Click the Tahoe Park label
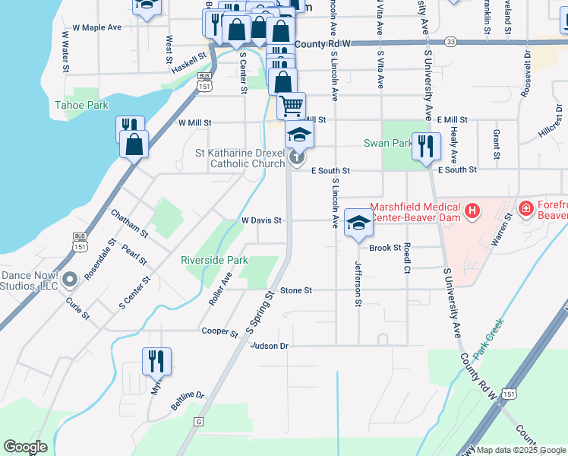pos(81,105)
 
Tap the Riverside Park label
pos(214,260)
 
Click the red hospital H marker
pos(472,210)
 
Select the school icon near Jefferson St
pos(358,222)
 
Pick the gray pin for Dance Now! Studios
pos(71,280)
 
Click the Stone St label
pos(296,290)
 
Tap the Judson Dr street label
pos(270,346)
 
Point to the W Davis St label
pos(261,220)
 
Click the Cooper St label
pos(220,331)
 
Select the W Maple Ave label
pos(96,27)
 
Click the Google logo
pos(26,447)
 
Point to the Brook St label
pos(384,248)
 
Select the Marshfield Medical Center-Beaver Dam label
pos(415,212)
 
